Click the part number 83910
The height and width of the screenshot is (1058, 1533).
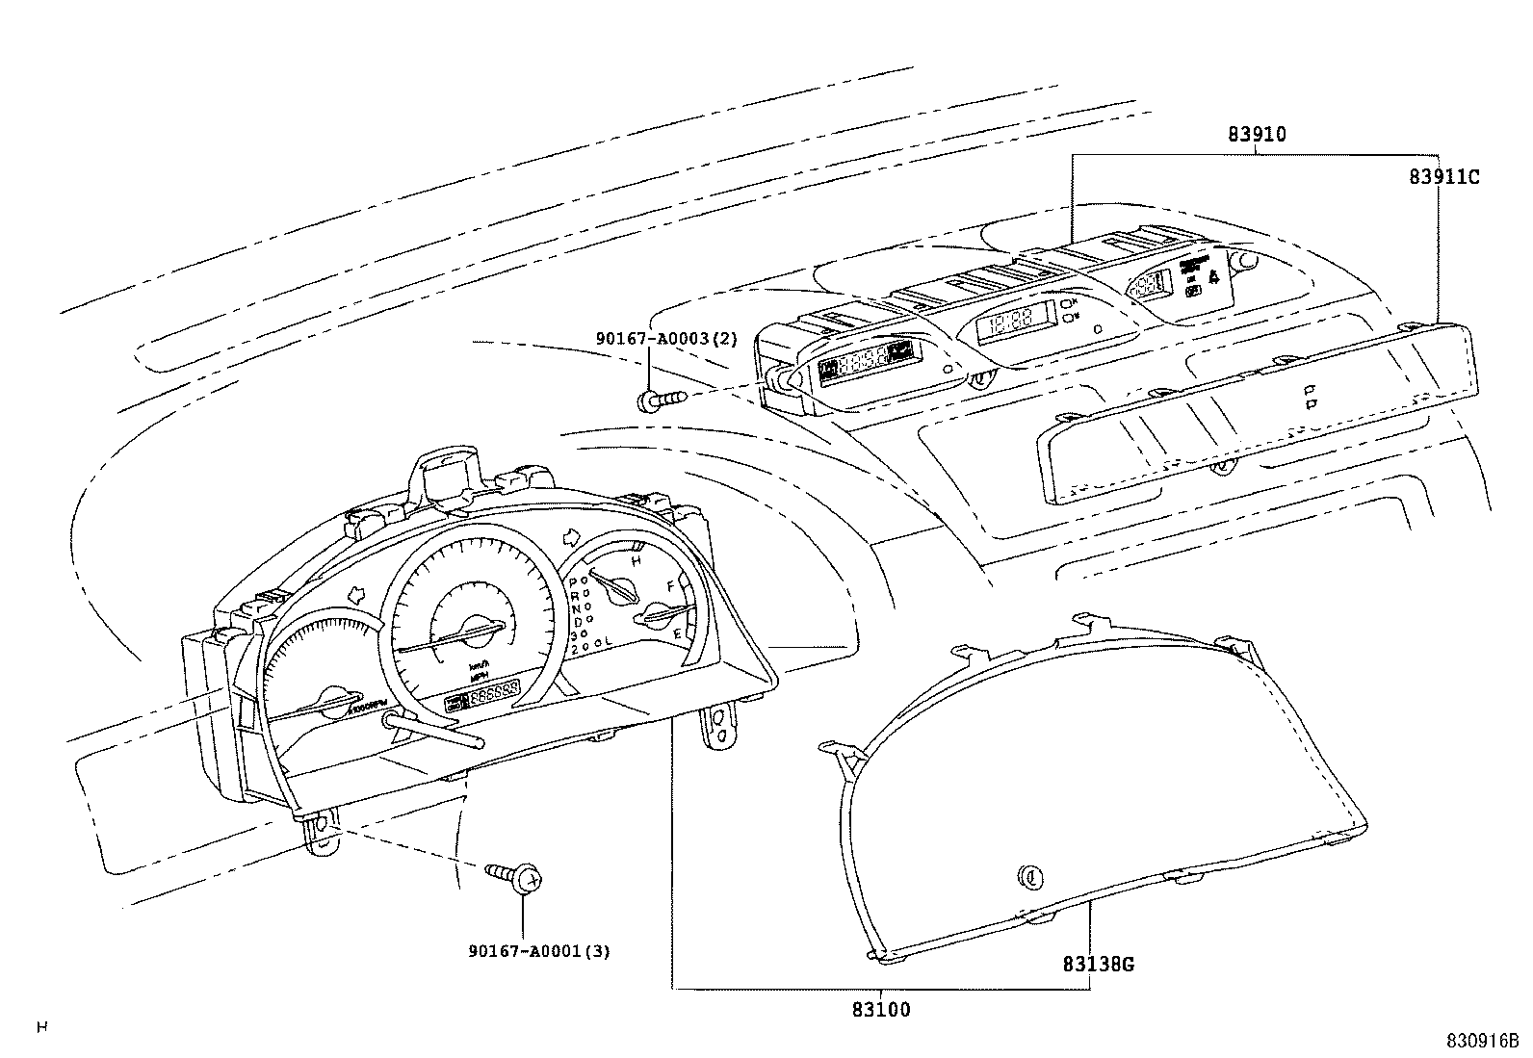(x=1256, y=135)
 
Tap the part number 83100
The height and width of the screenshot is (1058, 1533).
(x=880, y=1010)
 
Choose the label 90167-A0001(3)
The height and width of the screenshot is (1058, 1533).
(x=539, y=951)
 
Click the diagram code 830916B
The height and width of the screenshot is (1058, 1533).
(x=1481, y=1041)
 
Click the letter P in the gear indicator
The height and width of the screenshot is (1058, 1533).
(x=574, y=582)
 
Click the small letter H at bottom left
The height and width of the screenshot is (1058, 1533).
(x=41, y=1028)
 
